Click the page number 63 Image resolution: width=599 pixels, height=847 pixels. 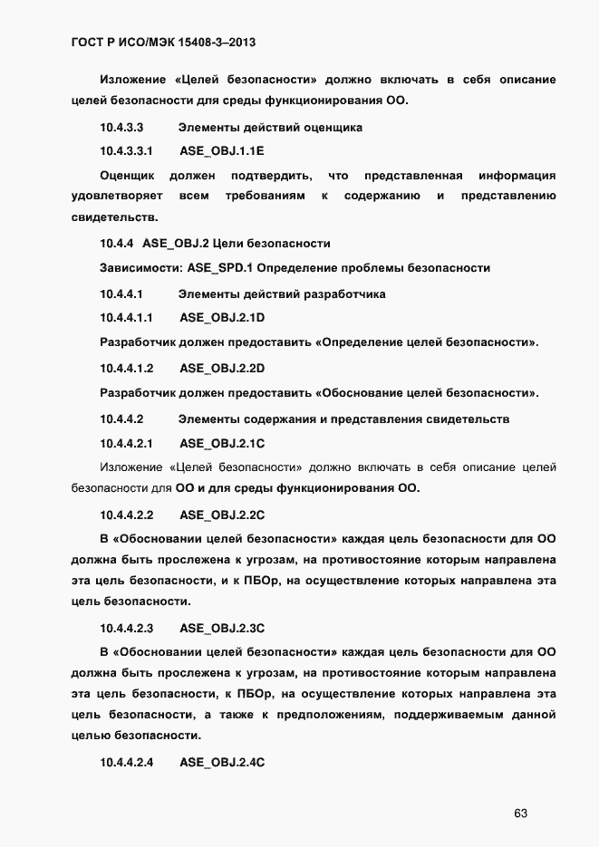520,813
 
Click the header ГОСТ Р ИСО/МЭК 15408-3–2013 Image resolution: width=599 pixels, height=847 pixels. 167,42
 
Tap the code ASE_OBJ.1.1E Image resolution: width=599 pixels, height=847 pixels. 222,149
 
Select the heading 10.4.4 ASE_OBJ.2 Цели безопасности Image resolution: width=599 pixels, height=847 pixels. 215,244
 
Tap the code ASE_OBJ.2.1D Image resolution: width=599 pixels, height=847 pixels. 222,318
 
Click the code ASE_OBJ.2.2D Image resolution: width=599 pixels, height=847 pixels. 222,369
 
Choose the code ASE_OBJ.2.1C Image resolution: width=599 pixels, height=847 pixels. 222,444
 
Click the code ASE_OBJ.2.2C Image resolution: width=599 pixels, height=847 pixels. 222,515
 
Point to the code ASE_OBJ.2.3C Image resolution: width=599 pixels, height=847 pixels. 222,627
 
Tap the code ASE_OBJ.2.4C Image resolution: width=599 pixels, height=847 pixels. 222,763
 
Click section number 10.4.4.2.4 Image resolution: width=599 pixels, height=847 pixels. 127,763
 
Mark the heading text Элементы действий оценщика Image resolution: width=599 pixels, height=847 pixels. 270,128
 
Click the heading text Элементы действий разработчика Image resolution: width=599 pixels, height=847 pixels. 282,294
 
